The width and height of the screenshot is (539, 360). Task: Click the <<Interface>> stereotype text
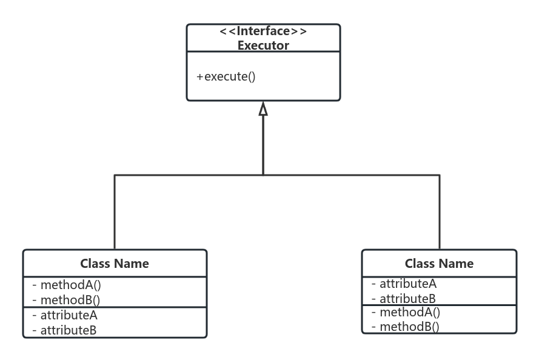click(x=263, y=32)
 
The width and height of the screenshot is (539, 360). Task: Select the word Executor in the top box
click(x=263, y=45)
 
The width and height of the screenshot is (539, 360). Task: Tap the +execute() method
click(x=226, y=77)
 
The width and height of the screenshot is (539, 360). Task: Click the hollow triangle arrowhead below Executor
click(x=263, y=109)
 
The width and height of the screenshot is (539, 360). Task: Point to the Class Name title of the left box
click(x=115, y=264)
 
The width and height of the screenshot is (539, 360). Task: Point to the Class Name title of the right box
click(x=439, y=264)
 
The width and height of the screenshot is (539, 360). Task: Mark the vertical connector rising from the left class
click(x=115, y=212)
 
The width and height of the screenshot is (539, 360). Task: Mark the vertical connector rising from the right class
click(x=440, y=212)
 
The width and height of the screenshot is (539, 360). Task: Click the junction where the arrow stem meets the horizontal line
click(x=263, y=175)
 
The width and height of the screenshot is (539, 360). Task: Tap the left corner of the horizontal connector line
click(x=115, y=175)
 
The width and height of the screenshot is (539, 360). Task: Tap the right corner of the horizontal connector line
click(x=440, y=175)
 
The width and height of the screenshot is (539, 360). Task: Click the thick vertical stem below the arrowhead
click(x=263, y=145)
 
